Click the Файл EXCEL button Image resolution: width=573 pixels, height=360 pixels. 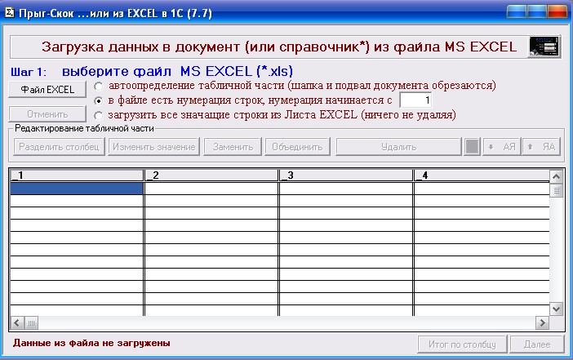47,90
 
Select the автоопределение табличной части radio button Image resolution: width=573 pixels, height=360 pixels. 98,87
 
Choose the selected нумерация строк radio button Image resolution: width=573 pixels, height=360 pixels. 98,100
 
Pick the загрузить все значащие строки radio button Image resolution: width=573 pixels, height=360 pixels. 98,115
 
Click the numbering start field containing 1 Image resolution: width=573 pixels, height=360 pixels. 415,100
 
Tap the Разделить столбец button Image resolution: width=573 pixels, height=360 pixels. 60,147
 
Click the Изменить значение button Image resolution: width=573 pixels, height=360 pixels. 153,147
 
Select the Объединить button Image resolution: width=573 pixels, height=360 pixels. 297,147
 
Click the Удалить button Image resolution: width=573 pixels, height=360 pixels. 398,147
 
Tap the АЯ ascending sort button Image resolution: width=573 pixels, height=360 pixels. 502,147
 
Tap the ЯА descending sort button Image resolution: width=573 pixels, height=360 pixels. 541,147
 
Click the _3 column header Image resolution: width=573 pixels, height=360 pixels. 346,176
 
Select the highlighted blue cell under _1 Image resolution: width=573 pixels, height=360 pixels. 77,189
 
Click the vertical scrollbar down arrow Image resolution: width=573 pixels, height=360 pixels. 556,309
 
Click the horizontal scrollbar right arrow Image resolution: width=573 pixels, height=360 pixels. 542,322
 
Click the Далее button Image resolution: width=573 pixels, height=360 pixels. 537,344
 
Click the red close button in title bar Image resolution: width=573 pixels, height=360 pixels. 557,11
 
